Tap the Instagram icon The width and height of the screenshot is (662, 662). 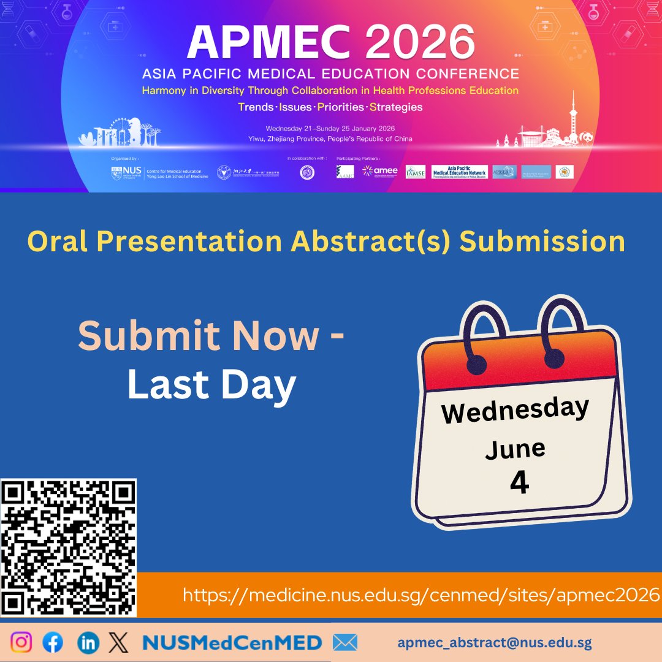tap(21, 642)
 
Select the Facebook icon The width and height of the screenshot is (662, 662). tap(53, 642)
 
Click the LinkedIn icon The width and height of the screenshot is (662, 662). tap(89, 642)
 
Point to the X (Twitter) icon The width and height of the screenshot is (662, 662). tap(118, 642)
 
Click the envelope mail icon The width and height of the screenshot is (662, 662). tap(344, 642)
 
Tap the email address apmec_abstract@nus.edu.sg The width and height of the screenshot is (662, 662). tap(495, 642)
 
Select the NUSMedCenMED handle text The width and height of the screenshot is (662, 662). tap(232, 642)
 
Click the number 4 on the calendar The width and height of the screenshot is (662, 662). tap(519, 483)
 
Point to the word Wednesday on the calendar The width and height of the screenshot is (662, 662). tap(515, 410)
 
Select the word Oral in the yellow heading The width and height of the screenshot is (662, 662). tap(57, 241)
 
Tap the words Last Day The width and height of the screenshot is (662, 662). tap(211, 386)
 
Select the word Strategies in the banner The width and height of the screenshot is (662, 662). tap(396, 107)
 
